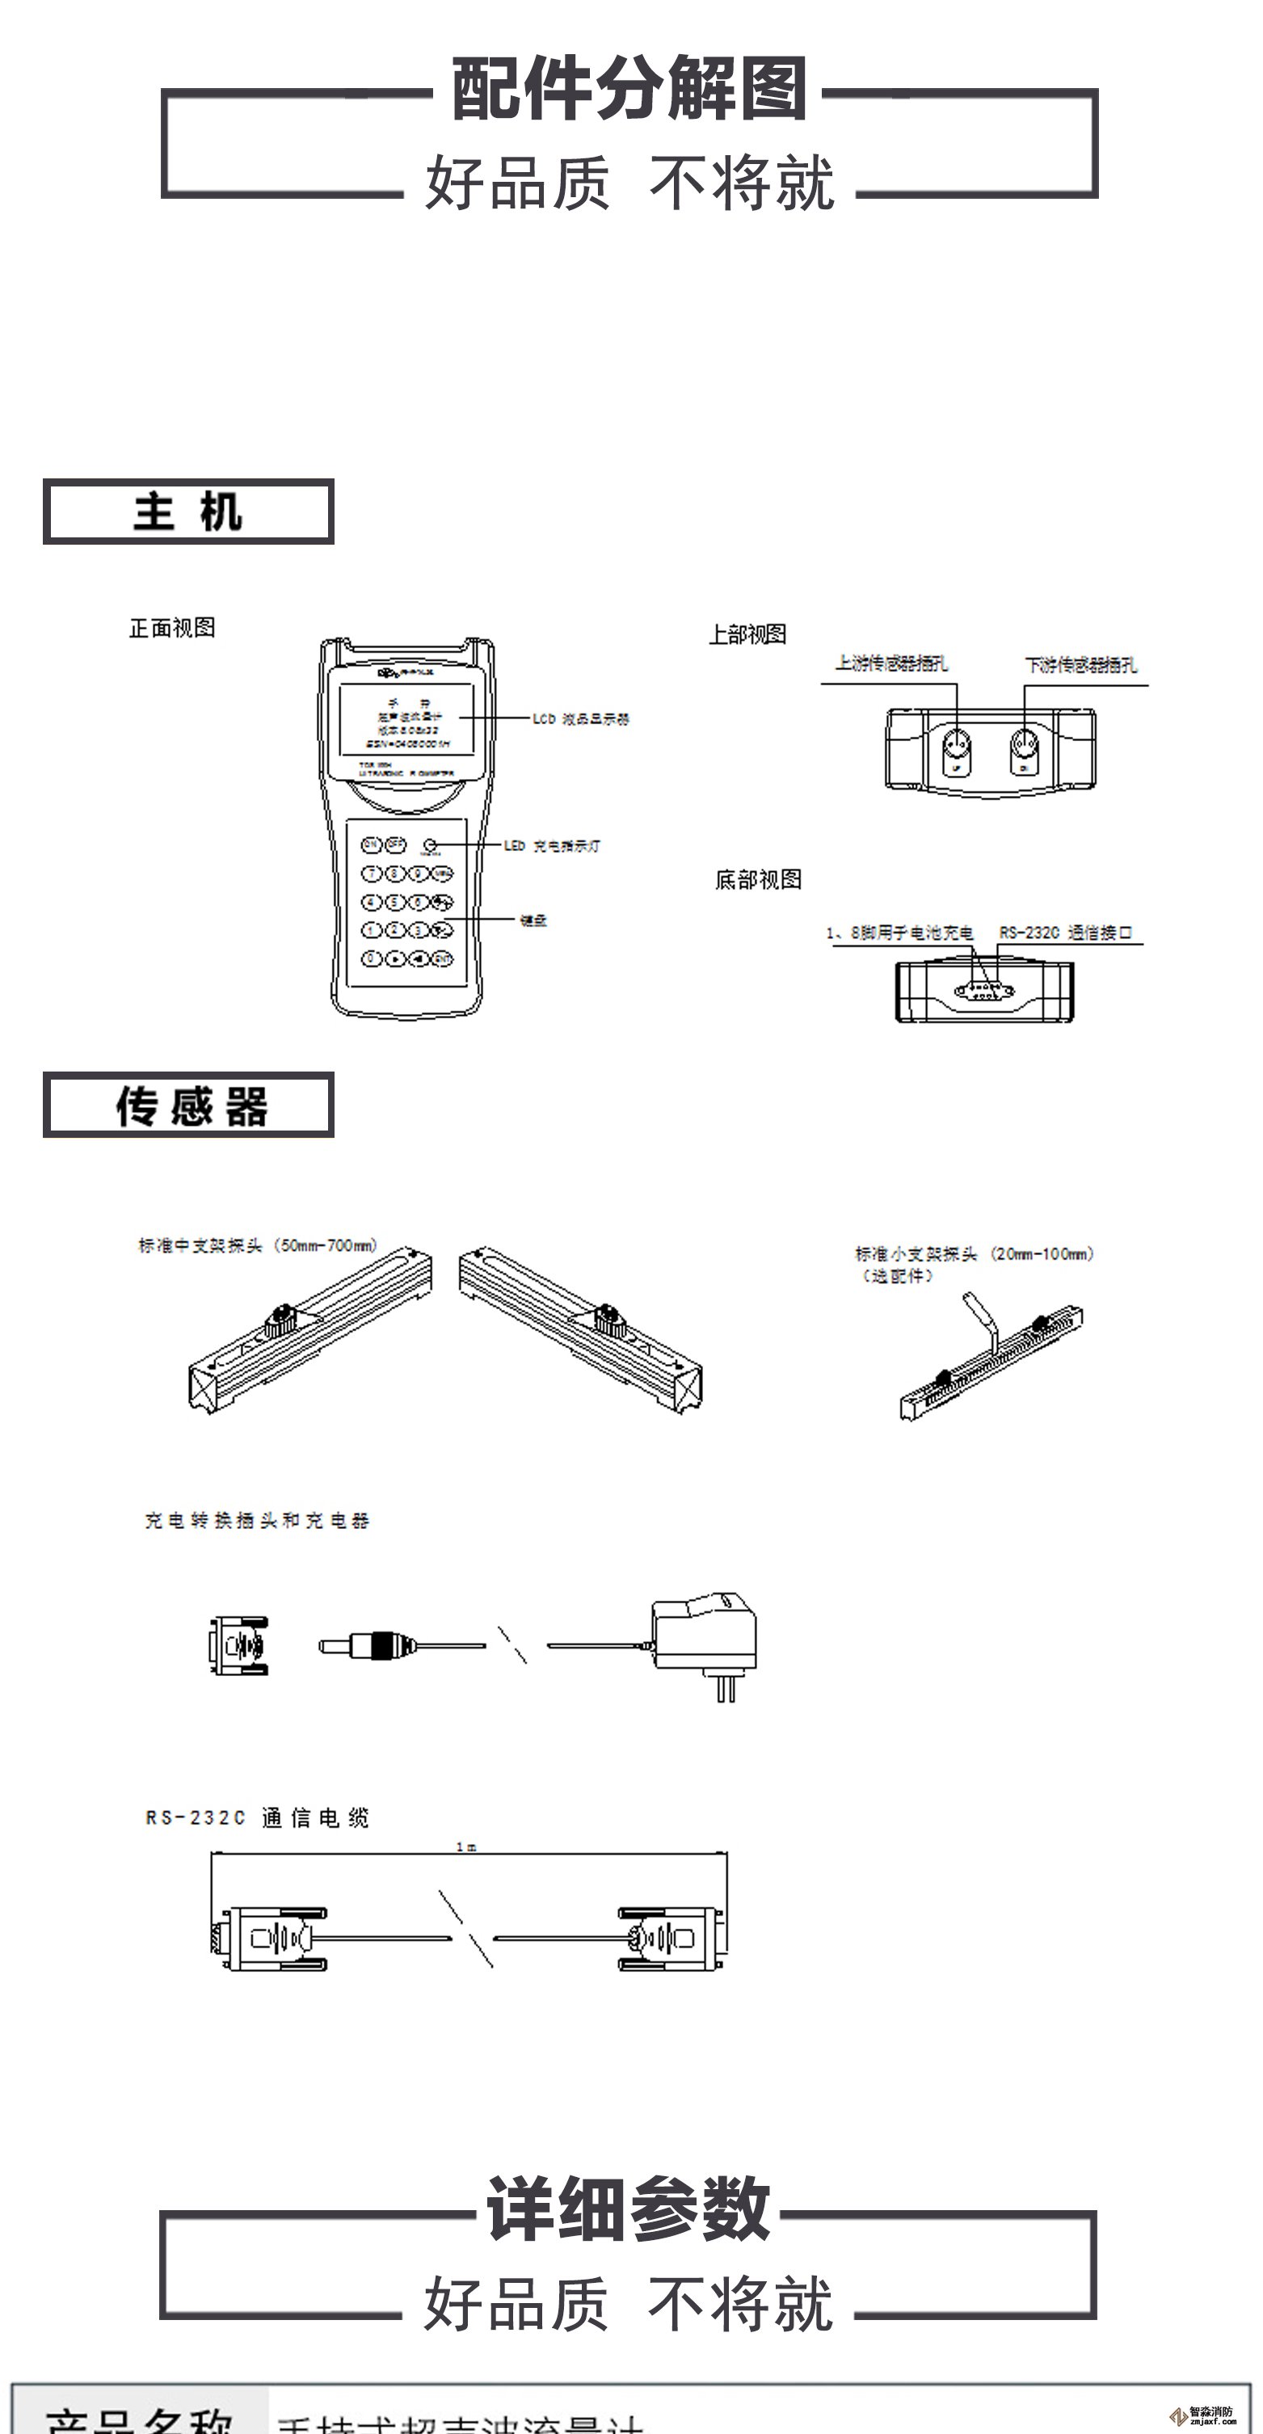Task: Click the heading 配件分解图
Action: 629,88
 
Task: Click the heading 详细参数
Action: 629,2209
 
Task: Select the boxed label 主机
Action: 188,512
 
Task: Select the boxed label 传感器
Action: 188,1105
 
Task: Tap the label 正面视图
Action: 172,627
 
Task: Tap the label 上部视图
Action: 747,634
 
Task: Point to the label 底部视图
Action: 758,880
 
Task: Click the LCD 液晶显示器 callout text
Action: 580,719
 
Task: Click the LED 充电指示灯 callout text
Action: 552,845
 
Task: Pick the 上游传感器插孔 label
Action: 890,663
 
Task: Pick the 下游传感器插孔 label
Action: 1080,665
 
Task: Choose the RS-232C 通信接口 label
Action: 1065,933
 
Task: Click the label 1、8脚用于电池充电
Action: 899,933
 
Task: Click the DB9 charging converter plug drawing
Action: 239,1645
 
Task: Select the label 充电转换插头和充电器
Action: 256,1520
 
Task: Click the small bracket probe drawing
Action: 991,1362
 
